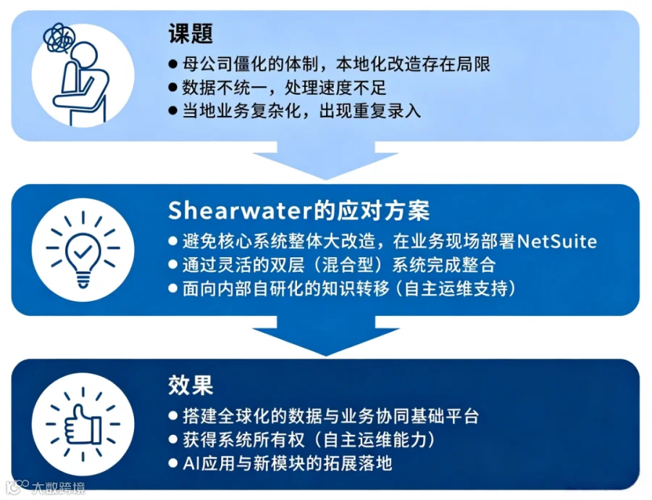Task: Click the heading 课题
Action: point(191,33)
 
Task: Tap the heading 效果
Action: point(191,385)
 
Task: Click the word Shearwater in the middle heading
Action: point(240,210)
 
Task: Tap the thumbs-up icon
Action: point(83,425)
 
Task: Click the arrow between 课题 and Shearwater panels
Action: point(325,160)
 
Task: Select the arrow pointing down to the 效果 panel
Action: point(325,336)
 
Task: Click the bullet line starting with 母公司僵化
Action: point(330,64)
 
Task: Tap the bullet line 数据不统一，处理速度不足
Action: point(277,88)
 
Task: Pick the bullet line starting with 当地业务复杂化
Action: point(295,111)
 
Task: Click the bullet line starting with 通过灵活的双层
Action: point(333,265)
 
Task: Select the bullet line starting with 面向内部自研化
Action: point(342,288)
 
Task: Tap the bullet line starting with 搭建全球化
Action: point(324,417)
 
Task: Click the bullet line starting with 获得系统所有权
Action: point(302,440)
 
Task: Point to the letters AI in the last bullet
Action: point(191,463)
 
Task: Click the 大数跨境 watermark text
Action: point(58,488)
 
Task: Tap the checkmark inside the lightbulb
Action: point(83,251)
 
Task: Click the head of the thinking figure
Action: point(85,54)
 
